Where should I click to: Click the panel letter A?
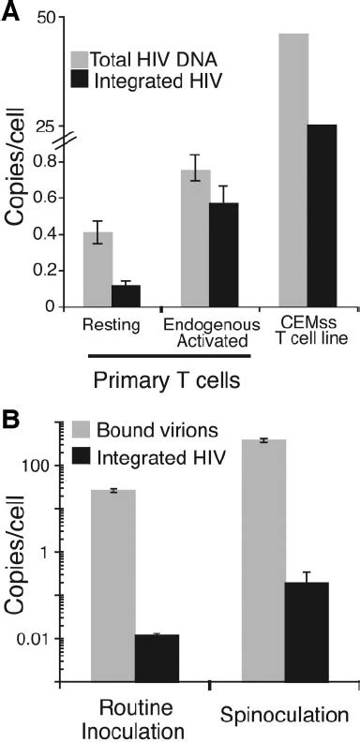click(12, 11)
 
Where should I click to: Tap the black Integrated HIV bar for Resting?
click(126, 295)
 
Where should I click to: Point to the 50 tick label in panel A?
click(42, 18)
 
